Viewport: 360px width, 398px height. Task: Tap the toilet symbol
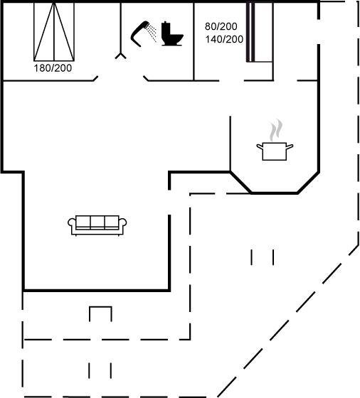[172, 34]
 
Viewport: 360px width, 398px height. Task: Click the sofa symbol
[97, 225]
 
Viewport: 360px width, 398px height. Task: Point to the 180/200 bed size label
[53, 68]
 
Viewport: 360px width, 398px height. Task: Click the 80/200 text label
[221, 26]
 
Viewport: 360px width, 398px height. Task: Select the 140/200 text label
[224, 39]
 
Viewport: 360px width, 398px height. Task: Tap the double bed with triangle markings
[54, 32]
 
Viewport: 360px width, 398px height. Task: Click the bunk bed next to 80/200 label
[260, 32]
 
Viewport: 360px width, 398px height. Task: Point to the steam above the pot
[275, 130]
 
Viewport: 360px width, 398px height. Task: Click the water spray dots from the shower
[152, 33]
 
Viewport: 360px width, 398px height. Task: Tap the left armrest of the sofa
[72, 223]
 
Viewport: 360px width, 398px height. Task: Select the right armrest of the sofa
[122, 223]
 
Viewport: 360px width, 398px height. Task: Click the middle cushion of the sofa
[97, 222]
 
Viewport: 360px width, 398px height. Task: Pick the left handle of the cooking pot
[260, 146]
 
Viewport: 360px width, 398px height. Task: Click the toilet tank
[166, 30]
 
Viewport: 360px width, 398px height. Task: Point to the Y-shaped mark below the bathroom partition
[121, 56]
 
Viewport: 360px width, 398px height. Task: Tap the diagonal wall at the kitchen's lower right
[308, 183]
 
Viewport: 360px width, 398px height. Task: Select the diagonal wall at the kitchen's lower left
[240, 183]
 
